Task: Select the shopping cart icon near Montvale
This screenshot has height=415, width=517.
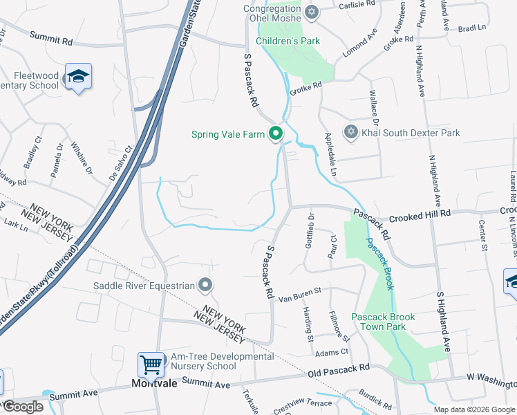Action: [x=151, y=364]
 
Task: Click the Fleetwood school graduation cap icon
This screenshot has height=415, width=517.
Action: [x=78, y=77]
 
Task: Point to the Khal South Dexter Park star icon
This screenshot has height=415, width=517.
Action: [x=350, y=132]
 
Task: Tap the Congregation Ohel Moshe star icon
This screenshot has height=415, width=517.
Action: [x=311, y=12]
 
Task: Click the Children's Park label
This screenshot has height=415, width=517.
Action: [x=288, y=41]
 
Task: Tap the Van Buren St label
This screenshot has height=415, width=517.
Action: [x=300, y=295]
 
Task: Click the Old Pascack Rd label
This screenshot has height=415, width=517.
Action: [x=339, y=373]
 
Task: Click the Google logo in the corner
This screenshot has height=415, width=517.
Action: [x=23, y=407]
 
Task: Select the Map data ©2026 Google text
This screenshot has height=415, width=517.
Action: [x=474, y=409]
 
